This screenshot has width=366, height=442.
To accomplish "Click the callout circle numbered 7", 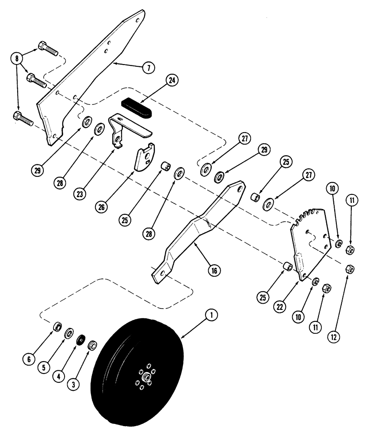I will [149, 69].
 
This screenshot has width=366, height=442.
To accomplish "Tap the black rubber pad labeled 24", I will [137, 108].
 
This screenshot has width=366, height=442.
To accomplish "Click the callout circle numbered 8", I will [17, 57].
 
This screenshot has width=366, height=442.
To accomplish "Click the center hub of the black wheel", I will [145, 378].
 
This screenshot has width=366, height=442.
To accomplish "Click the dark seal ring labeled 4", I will [81, 340].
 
